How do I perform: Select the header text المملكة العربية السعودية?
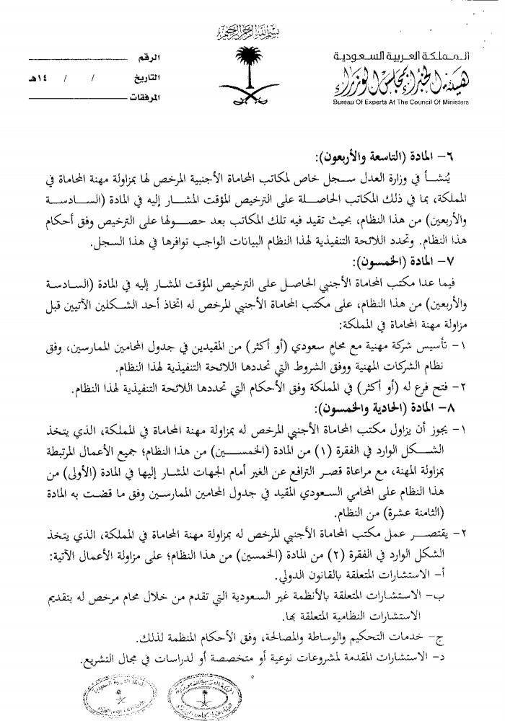[398, 56]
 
